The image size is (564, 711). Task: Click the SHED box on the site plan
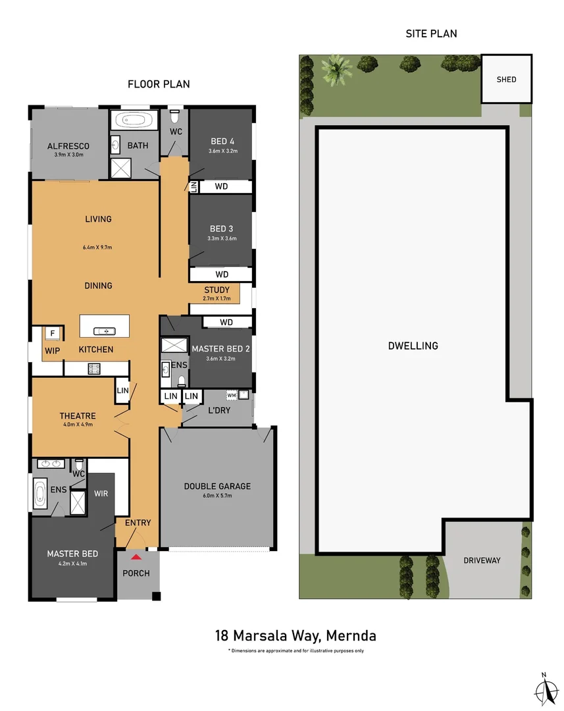507,79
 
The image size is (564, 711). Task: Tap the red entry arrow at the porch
136,557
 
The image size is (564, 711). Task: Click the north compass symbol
546,689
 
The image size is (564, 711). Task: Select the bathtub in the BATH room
134,120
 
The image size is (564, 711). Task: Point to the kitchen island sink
104,331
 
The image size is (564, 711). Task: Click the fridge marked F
53,334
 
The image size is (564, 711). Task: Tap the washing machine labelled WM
232,396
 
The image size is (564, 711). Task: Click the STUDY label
217,290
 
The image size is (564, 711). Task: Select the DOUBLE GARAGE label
217,486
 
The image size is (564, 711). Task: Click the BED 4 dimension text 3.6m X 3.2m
223,151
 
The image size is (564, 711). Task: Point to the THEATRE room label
78,416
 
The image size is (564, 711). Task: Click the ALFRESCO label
68,146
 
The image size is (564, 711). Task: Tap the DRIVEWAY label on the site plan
482,560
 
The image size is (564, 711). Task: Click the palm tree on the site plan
336,69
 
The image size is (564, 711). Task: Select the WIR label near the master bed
101,493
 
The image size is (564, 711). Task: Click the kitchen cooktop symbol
94,369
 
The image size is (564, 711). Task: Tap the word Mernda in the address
351,636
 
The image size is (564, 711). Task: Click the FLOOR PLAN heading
159,84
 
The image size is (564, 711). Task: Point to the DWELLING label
413,346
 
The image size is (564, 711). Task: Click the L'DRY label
219,410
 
